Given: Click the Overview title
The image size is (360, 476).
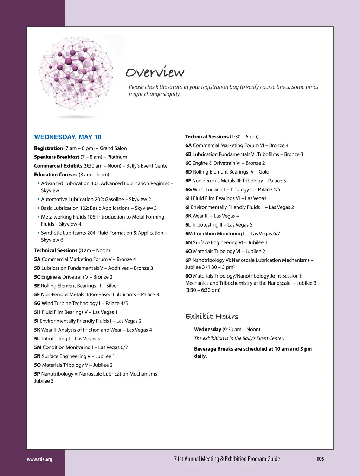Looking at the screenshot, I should (155, 72).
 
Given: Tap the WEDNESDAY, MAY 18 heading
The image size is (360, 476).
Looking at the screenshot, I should (68, 137).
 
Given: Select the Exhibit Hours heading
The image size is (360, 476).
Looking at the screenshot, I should (212, 317).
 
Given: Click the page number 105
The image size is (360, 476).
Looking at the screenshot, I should (320, 459).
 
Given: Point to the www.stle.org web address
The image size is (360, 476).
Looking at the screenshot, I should (39, 459).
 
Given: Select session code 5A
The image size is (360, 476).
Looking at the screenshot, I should (37, 259).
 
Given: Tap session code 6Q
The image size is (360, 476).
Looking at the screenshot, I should (188, 276).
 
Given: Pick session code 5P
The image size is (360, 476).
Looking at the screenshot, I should (37, 374).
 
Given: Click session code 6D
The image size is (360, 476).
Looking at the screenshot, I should (188, 172).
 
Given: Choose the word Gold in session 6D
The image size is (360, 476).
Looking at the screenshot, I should (264, 172).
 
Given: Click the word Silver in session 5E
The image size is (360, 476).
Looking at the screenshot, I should (112, 286).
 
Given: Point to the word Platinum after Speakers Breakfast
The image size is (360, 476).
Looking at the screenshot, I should (117, 157).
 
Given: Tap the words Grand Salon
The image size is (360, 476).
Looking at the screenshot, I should (113, 148).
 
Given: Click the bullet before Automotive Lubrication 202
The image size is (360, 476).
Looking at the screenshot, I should (38, 199).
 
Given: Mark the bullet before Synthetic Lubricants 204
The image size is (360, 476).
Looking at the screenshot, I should (38, 233).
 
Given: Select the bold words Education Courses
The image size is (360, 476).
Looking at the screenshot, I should (56, 175).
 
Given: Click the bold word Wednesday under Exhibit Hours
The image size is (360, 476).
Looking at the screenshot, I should (207, 330).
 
